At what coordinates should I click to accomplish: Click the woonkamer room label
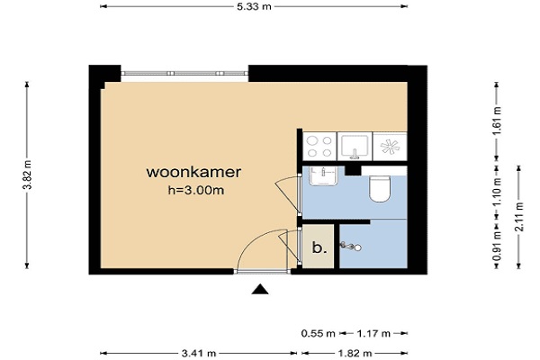tap(193, 172)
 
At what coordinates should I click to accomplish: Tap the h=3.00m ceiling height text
tap(196, 190)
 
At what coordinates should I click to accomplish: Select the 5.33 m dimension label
tap(254, 6)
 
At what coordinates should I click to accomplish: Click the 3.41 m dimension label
tap(199, 353)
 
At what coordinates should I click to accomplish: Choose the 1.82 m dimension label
tap(355, 353)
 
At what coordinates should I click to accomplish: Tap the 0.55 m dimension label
tap(318, 334)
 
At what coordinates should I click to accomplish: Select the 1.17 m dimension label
tap(373, 334)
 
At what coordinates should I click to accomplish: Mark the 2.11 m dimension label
tap(519, 217)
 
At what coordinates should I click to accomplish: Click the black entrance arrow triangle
tap(260, 290)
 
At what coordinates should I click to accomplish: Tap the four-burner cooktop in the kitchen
tap(319, 147)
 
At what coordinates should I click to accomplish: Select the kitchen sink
tap(355, 147)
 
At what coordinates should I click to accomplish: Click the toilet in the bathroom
tap(380, 188)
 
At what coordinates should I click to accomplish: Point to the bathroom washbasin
tap(323, 176)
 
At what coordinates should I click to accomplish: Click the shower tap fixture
tap(351, 246)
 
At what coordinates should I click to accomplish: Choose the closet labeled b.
tap(319, 246)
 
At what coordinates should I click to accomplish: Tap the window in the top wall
tap(184, 73)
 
